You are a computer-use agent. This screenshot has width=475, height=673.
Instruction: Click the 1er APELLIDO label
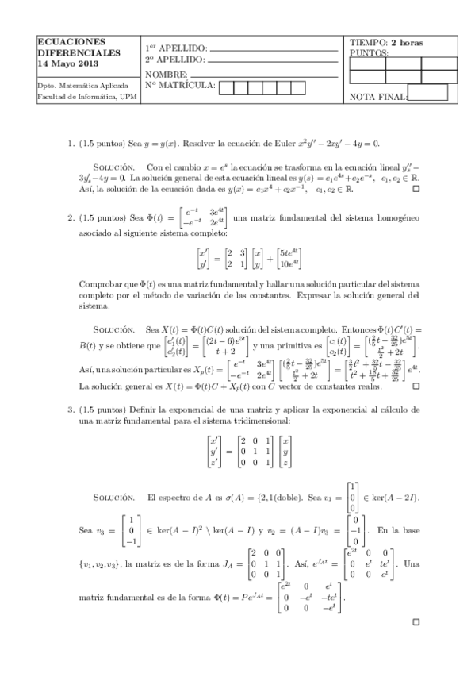point(174,47)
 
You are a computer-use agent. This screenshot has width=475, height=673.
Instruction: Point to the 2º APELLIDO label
point(174,59)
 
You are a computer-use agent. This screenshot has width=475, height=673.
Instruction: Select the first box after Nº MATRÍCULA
point(228,87)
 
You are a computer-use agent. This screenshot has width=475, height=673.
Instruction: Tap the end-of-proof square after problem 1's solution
point(415,190)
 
